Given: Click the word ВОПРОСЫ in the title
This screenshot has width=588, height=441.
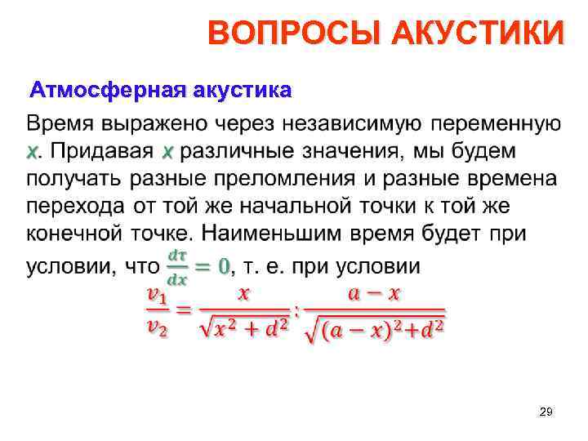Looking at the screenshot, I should pyautogui.click(x=294, y=34).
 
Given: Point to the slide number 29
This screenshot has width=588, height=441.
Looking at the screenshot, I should pyautogui.click(x=546, y=413).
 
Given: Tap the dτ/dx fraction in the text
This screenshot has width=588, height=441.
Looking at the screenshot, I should pyautogui.click(x=176, y=267).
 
